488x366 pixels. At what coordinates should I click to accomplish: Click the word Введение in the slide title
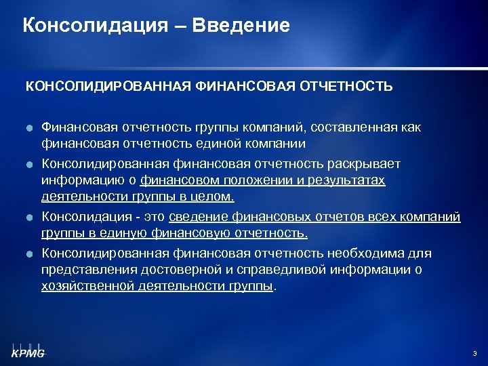pos(241,26)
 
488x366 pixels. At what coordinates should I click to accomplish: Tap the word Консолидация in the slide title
pos(95,26)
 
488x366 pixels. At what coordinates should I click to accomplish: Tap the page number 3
pos(474,353)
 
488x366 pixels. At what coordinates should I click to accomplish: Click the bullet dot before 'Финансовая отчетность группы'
pos(30,127)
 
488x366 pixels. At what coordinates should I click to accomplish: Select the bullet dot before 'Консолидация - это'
pos(30,218)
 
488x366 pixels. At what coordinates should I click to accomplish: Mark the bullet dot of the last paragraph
pos(30,254)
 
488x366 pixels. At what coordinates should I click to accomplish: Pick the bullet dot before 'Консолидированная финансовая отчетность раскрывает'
pos(30,164)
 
